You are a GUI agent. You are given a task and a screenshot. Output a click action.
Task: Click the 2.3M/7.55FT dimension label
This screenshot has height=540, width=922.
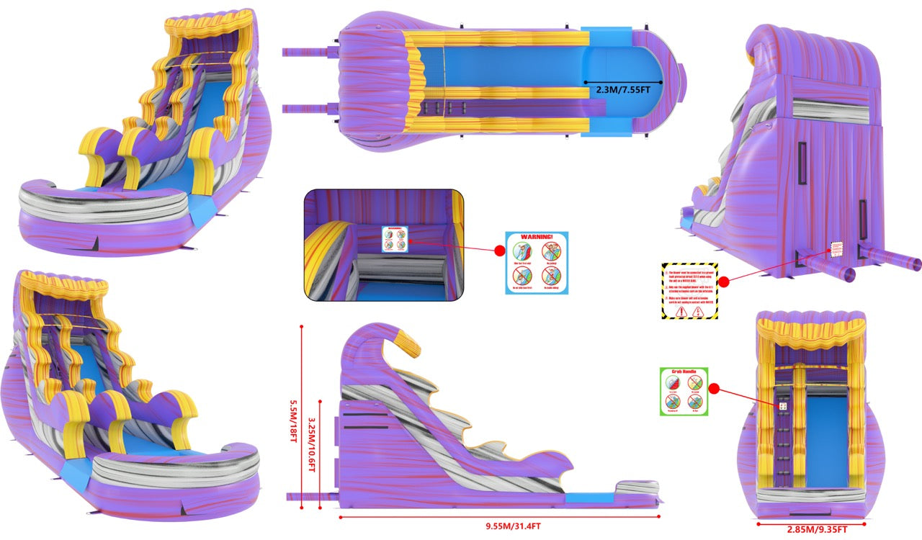pos(623,91)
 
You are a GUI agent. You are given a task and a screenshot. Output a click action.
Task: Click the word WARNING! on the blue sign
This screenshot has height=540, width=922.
pos(537,236)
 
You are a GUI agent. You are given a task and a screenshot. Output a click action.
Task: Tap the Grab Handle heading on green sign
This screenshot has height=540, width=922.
pos(684,372)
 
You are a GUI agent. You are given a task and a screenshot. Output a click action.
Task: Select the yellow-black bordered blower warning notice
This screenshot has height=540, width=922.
pos(689,291)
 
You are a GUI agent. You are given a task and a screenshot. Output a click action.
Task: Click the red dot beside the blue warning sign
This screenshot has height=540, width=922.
pos(498,251)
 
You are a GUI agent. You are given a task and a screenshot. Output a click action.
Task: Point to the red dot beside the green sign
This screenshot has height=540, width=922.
pos(714,389)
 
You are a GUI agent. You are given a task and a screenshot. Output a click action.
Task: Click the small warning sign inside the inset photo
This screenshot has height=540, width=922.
pos(394,239)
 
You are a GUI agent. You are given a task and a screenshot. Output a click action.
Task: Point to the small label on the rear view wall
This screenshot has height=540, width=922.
pos(836,249)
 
